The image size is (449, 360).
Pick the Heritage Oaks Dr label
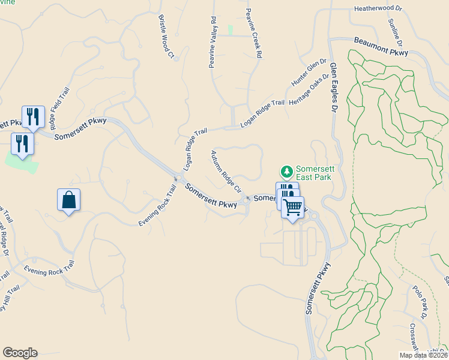click(310, 90)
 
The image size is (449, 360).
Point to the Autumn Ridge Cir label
click(225, 170)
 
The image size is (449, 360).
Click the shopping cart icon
click(292, 208)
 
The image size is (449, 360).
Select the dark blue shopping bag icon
click(69, 200)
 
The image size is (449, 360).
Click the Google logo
click(19, 353)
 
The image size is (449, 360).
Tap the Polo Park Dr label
click(418, 302)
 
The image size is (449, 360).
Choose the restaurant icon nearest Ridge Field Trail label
click(33, 116)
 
